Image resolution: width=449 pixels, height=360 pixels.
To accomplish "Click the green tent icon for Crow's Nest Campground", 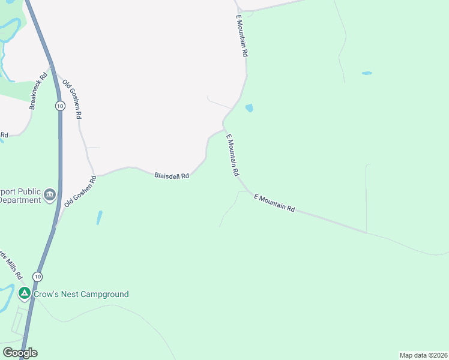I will point(24,294).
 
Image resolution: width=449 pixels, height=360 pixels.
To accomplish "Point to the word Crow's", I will point(46,294).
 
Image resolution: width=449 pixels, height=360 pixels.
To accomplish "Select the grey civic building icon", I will point(49,195).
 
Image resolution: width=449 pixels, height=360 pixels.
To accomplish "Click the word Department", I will point(20,200).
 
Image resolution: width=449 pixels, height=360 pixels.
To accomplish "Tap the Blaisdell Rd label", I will point(172,176).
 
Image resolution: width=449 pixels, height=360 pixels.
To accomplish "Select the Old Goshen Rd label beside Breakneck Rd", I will point(72,99).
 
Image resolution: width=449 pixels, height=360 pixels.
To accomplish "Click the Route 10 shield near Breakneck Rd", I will point(59,106).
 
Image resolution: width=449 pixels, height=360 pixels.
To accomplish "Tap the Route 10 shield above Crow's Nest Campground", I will point(38,277).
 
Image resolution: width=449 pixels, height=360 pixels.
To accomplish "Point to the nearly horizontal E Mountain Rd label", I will point(274,202).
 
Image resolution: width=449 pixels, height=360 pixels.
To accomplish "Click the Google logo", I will point(20,353).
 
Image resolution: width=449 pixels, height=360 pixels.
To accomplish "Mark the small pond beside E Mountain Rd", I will point(249,109).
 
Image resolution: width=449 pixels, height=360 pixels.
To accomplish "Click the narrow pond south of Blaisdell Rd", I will point(99,217).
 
